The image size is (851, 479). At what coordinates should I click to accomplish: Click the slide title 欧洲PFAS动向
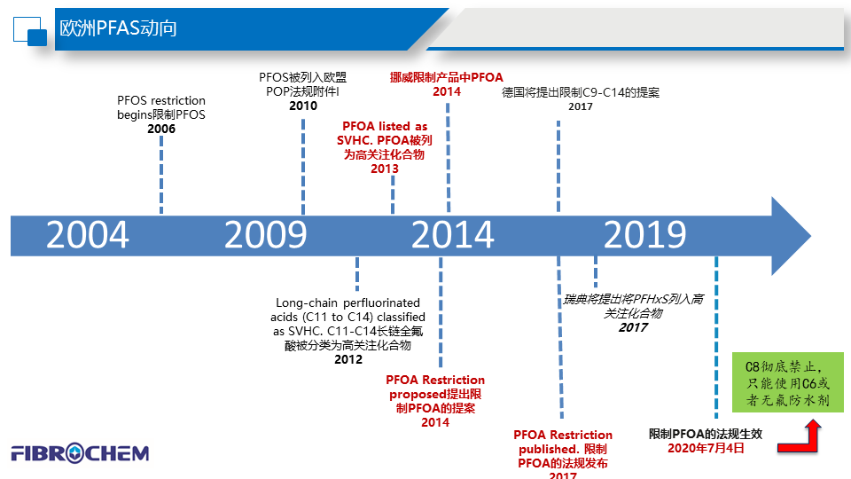click(x=118, y=28)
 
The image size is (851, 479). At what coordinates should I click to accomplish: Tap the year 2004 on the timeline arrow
click(x=88, y=236)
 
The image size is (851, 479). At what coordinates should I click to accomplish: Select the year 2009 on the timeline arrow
click(x=265, y=236)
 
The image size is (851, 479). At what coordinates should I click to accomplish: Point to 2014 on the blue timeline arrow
click(x=452, y=236)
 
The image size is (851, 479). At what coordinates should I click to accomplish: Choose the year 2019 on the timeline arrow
click(x=644, y=236)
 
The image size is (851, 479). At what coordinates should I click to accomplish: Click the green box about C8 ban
click(x=788, y=382)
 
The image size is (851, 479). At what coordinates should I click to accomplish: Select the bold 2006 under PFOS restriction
click(x=161, y=130)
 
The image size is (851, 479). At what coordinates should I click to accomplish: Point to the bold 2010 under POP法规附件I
click(x=303, y=106)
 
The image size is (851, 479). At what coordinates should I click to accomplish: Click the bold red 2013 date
click(x=385, y=169)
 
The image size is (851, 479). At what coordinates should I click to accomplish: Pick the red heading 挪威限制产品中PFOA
click(x=447, y=77)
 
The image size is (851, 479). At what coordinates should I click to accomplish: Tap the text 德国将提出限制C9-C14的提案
click(x=581, y=92)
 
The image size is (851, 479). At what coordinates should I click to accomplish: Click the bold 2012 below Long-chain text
click(x=348, y=359)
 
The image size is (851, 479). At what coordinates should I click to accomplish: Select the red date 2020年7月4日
click(x=706, y=449)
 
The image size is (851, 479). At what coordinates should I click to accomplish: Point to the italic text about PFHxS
click(x=633, y=307)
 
